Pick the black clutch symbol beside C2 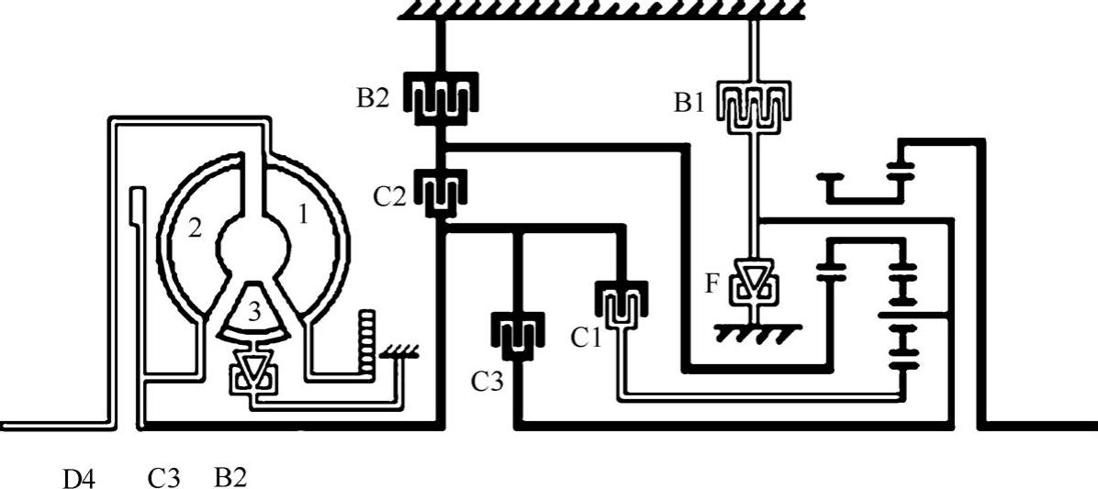point(441,189)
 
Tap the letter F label point(712,283)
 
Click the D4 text point(79,478)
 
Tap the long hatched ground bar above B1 point(601,9)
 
